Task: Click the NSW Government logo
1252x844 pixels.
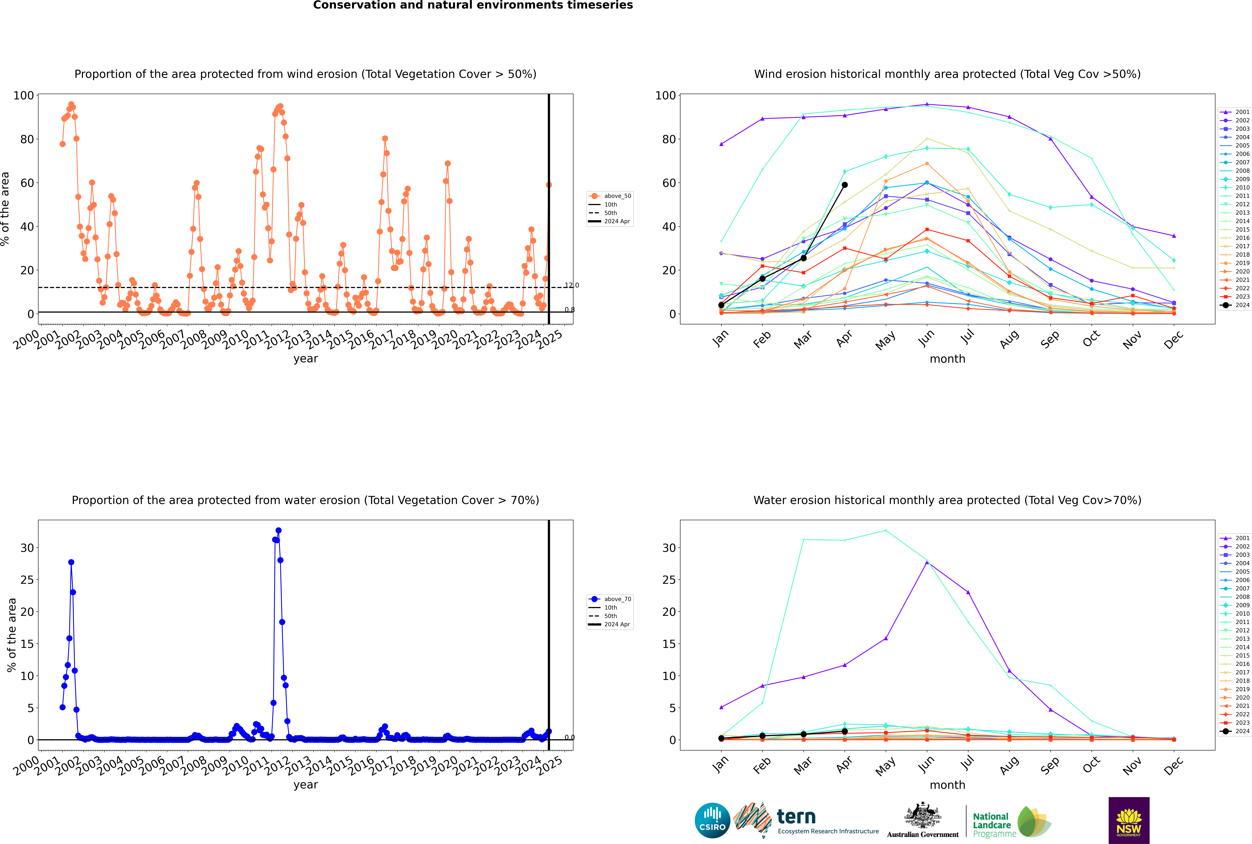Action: click(x=1129, y=820)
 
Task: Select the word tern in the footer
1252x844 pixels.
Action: click(x=796, y=817)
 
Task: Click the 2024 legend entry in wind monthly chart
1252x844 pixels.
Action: click(x=1235, y=305)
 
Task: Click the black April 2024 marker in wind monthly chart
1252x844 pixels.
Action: click(x=845, y=185)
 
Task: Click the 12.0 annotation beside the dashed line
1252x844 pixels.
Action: click(x=572, y=285)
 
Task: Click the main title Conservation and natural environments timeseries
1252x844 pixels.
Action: click(x=473, y=5)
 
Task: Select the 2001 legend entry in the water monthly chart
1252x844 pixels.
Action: click(x=1235, y=538)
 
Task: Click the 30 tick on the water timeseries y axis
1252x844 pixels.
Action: click(x=27, y=548)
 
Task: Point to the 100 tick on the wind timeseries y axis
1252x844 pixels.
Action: click(x=24, y=95)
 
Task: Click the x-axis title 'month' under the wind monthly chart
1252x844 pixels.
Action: click(x=947, y=359)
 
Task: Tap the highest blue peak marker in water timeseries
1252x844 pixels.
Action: click(x=278, y=531)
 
